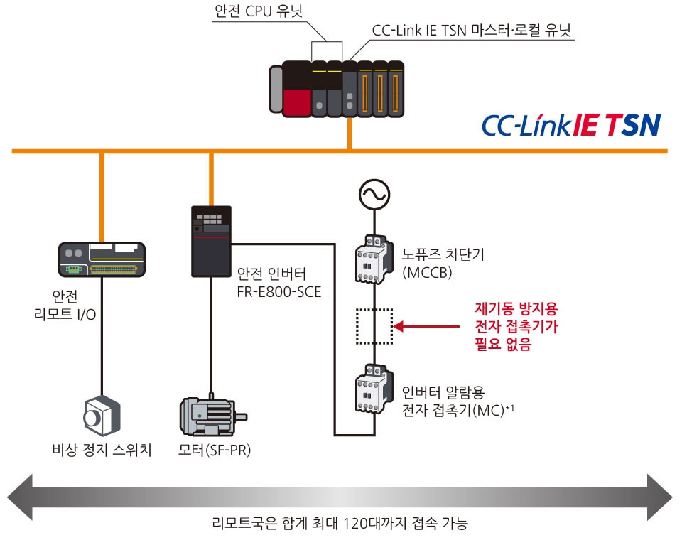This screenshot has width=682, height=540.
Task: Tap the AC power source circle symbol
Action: (x=373, y=193)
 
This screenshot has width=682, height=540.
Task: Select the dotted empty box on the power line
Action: (x=374, y=326)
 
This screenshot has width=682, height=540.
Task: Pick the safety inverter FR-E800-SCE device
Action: (x=211, y=241)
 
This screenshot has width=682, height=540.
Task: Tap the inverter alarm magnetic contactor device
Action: (x=373, y=389)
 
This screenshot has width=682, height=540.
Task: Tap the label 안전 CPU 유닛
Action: (x=254, y=11)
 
